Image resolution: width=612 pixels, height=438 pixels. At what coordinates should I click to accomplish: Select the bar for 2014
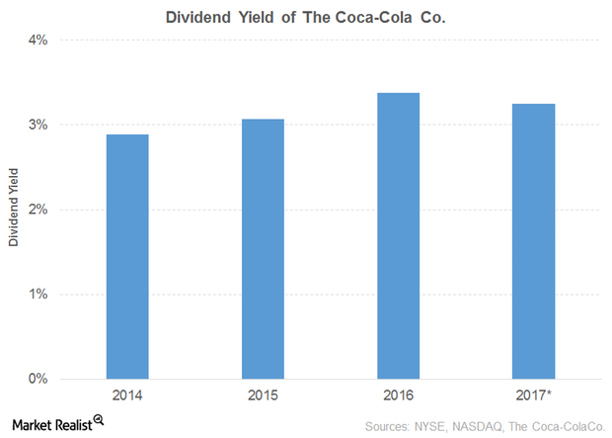(127, 256)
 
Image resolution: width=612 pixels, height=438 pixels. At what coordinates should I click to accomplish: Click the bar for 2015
(263, 248)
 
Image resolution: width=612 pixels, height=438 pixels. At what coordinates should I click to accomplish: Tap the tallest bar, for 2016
(399, 235)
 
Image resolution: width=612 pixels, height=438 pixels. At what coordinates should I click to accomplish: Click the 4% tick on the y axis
(38, 41)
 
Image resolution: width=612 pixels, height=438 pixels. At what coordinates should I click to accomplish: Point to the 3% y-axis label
(38, 125)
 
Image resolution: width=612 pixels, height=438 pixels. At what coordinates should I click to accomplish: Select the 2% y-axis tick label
(38, 210)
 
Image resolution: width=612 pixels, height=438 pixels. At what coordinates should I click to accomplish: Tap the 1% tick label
(38, 295)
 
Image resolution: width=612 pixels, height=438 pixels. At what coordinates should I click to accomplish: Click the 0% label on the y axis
(38, 379)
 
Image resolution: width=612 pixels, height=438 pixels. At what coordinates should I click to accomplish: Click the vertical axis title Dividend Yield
(13, 210)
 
